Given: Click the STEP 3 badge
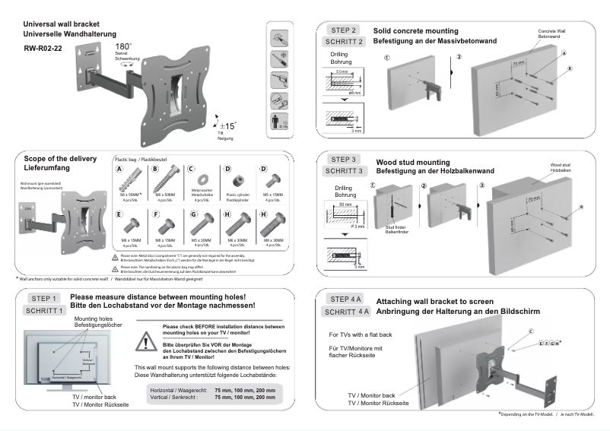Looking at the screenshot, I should (345, 159).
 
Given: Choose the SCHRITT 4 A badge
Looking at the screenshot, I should (346, 312).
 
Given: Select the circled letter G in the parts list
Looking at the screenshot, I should (193, 214).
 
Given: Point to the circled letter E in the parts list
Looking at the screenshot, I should (119, 214).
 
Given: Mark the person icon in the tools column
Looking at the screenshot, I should (279, 122).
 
